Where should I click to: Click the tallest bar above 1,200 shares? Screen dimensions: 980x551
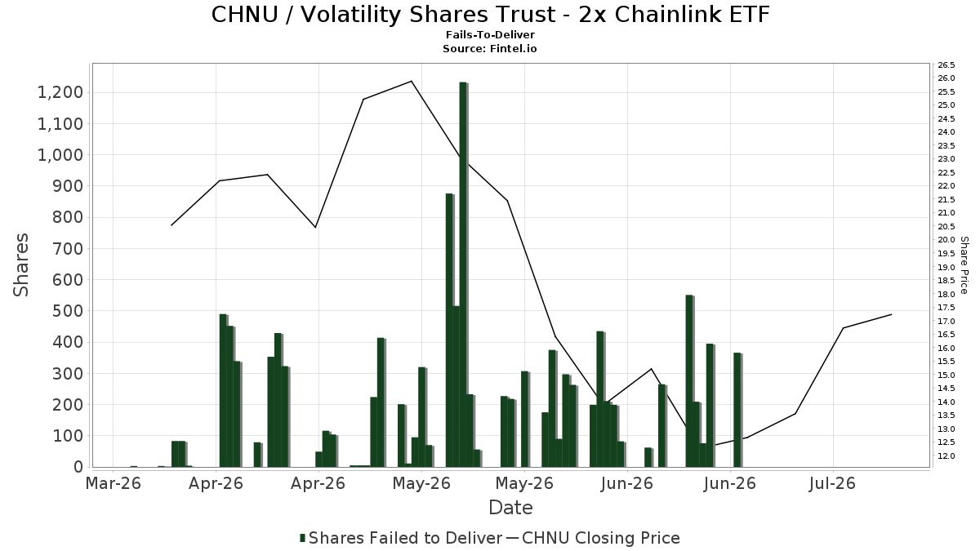pyautogui.click(x=463, y=274)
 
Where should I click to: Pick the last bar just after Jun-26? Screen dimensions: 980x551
pyautogui.click(x=738, y=410)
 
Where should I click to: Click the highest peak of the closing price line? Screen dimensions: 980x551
pyautogui.click(x=412, y=81)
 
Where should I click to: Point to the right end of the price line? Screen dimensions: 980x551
pyautogui.click(x=891, y=314)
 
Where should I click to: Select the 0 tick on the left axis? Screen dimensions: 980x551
pyautogui.click(x=78, y=467)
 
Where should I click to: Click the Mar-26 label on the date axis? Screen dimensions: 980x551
pyautogui.click(x=114, y=483)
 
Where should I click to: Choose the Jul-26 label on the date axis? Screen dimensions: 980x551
pyautogui.click(x=832, y=483)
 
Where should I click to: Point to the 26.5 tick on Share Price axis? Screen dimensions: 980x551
pyautogui.click(x=946, y=65)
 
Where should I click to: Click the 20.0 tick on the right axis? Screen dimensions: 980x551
pyautogui.click(x=946, y=240)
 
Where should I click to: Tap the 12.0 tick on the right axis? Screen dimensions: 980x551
pyautogui.click(x=946, y=456)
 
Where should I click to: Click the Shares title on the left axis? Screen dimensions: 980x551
pyautogui.click(x=20, y=264)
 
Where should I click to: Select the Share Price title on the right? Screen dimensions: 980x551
pyautogui.click(x=964, y=265)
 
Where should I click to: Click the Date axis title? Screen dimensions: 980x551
pyautogui.click(x=510, y=508)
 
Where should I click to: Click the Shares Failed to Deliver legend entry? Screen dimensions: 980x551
pyautogui.click(x=401, y=538)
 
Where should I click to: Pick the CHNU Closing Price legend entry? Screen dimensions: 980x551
pyautogui.click(x=593, y=538)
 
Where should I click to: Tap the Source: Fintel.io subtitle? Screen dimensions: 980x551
pyautogui.click(x=489, y=48)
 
